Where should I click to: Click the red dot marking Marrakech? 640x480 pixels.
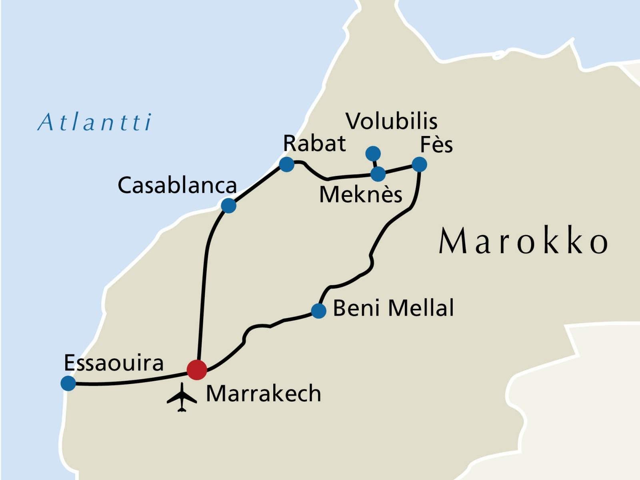(197, 370)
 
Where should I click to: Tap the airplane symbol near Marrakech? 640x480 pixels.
(182, 398)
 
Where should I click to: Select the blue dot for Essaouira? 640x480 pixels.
(68, 383)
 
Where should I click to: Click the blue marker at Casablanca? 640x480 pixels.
(228, 206)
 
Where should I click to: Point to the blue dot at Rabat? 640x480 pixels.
(286, 164)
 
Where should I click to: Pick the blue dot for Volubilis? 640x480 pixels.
(373, 153)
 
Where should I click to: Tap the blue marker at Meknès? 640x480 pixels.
(378, 174)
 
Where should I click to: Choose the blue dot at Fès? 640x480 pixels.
(419, 164)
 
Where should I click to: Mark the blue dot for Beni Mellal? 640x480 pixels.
(318, 310)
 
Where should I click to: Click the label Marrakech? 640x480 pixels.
(263, 394)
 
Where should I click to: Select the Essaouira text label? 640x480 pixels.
(114, 363)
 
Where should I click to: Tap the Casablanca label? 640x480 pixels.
(177, 186)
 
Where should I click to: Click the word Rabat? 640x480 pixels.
(314, 144)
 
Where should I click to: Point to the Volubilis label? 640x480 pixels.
(392, 121)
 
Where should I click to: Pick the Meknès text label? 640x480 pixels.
(360, 195)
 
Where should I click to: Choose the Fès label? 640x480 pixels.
(436, 145)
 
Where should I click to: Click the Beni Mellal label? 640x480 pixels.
(393, 308)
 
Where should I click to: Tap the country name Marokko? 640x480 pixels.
(523, 241)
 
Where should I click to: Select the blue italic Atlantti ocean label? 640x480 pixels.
(95, 122)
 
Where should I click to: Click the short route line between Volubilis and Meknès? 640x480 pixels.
(375, 163)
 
